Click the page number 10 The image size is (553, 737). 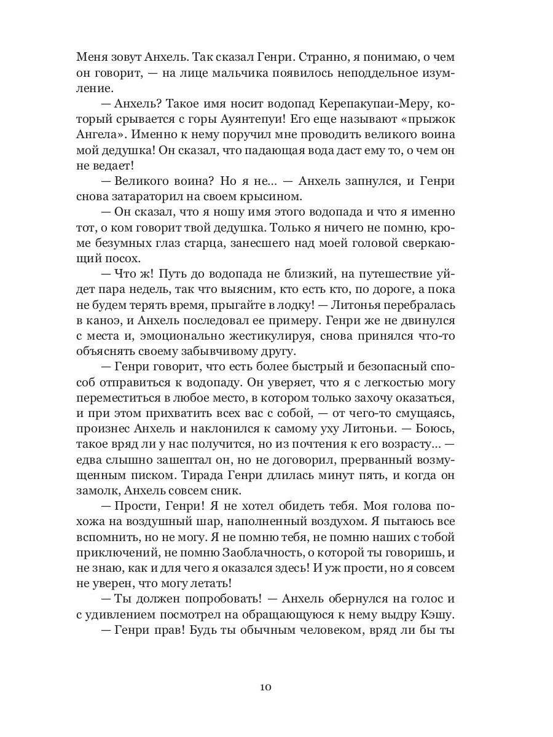click(265, 687)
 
